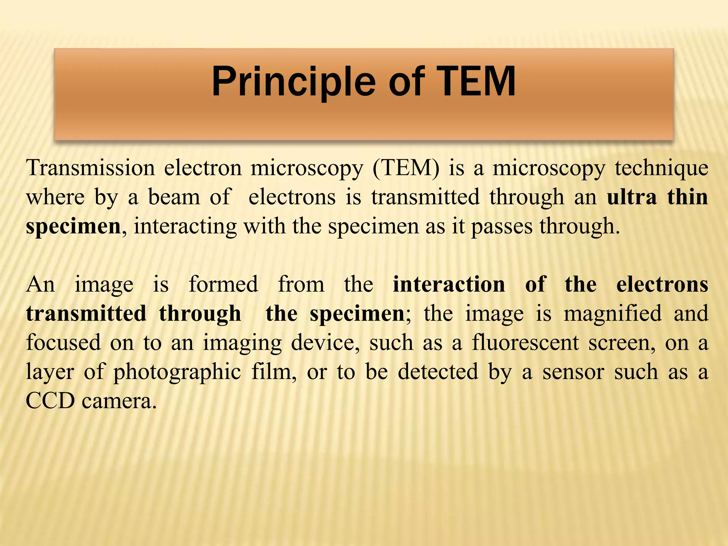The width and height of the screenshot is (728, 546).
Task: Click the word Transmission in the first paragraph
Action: [x=91, y=168]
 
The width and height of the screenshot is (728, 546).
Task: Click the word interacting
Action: [x=185, y=227]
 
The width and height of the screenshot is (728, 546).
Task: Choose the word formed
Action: [x=223, y=284]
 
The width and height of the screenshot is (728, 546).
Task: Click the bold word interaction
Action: [x=449, y=284]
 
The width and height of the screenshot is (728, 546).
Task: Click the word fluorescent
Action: [x=526, y=343]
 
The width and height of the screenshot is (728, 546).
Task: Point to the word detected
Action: [x=438, y=372]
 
